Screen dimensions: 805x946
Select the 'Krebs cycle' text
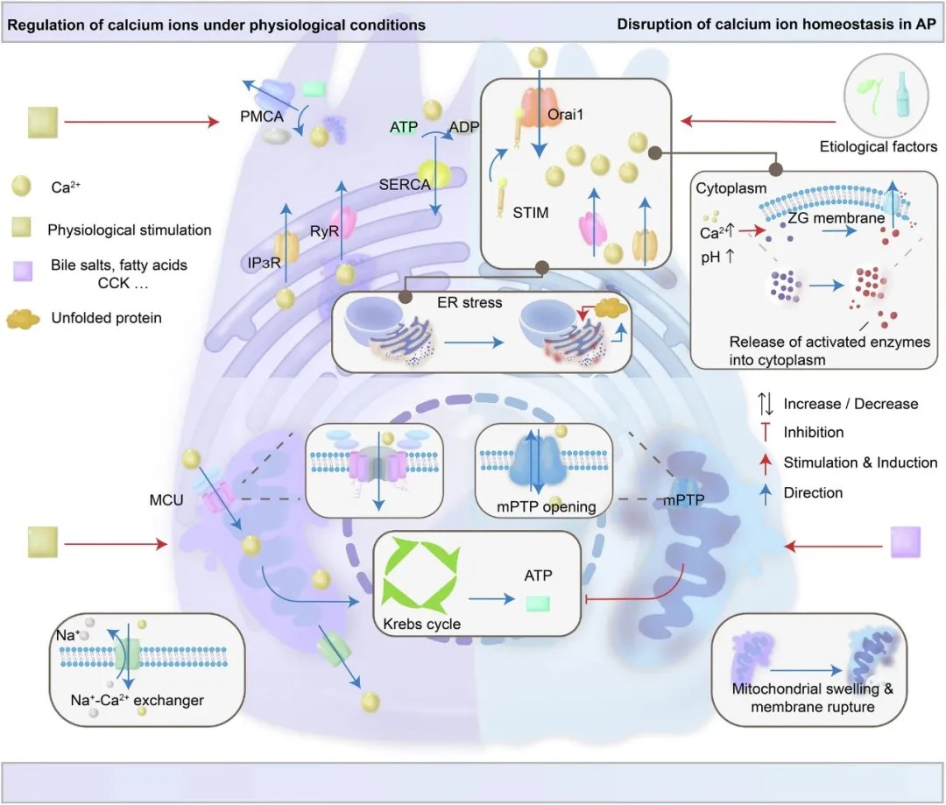421,624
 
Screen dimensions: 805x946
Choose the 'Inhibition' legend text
814,432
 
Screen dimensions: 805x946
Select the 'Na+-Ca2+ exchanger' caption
138,700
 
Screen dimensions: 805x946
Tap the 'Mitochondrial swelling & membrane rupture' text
813,697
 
